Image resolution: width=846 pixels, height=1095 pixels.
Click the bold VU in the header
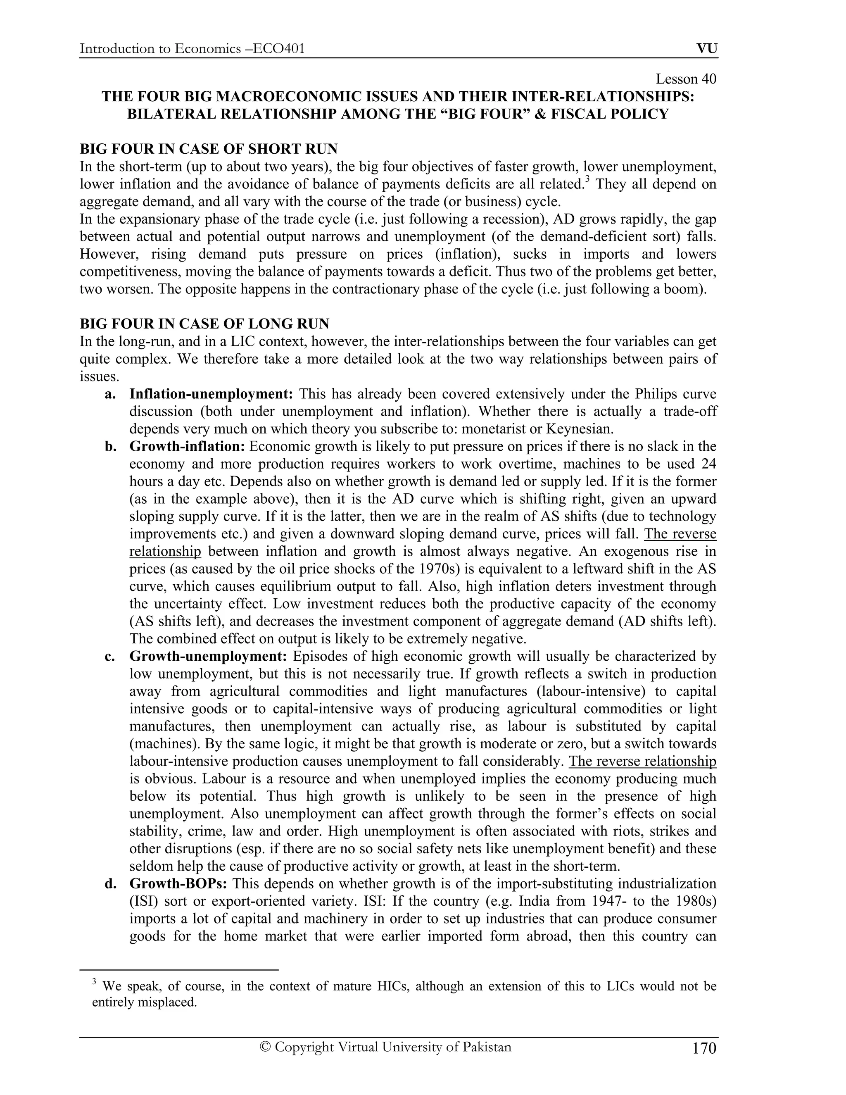[x=707, y=49]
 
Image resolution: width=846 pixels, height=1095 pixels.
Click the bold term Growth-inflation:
[x=187, y=446]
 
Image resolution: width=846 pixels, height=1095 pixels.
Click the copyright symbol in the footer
[x=266, y=1047]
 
